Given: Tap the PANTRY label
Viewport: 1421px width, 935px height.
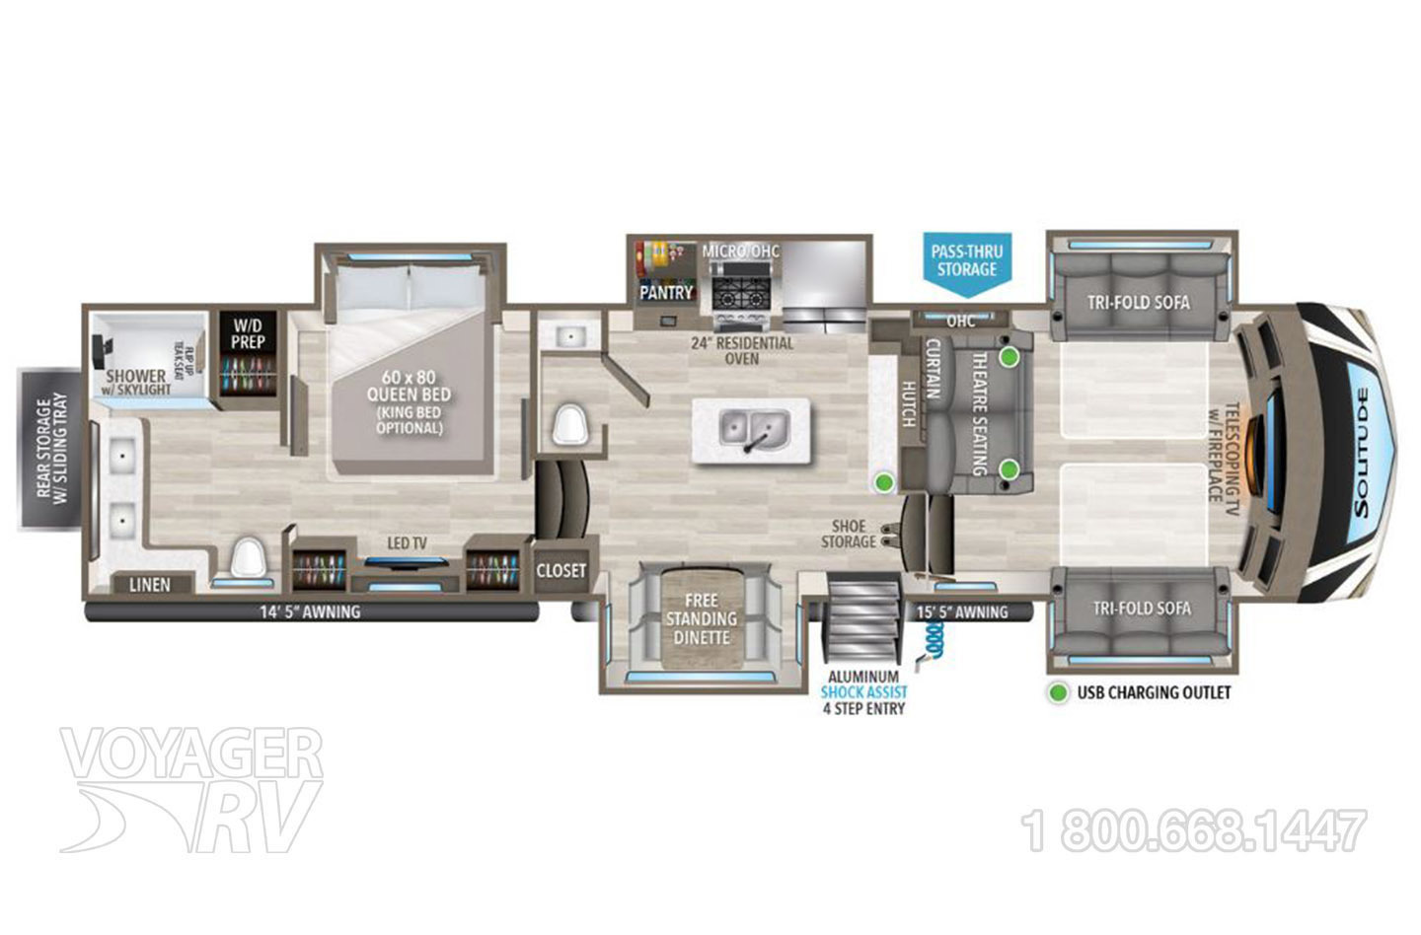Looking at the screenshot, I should point(666,293).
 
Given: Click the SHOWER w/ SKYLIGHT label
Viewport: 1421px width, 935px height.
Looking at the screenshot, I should point(137,382).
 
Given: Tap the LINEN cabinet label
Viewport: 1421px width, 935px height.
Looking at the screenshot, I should point(149,585).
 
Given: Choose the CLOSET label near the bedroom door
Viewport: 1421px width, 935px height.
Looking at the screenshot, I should point(561,570).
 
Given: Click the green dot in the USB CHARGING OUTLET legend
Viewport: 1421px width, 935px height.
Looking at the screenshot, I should point(1057,692).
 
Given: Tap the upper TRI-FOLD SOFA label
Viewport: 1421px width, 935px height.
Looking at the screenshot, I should point(1139,303).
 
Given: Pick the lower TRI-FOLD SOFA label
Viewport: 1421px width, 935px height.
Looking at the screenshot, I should point(1141,608).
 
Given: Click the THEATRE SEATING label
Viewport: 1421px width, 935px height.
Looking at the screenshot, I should point(980,414).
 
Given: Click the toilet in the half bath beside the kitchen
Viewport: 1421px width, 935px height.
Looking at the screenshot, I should point(569,425).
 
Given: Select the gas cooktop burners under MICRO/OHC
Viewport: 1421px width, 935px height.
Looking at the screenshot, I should point(741,293).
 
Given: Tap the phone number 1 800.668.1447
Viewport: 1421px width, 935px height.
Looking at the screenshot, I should point(1196,830).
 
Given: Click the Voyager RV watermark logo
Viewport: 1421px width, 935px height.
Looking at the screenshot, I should point(191,789).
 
